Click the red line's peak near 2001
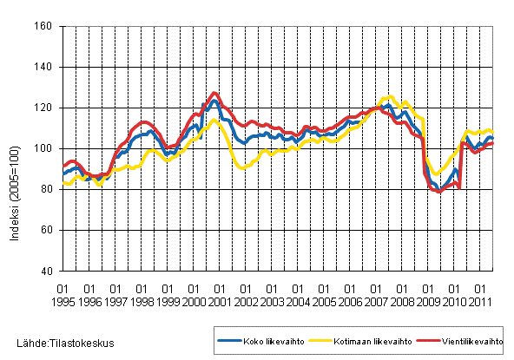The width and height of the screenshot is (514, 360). (214, 93)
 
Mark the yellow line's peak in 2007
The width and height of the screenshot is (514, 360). (390, 96)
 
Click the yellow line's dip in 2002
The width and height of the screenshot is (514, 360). (242, 167)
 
